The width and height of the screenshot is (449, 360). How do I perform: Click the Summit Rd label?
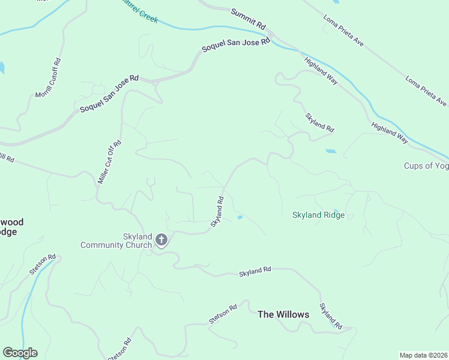point(248,19)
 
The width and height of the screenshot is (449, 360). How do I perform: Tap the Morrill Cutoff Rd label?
point(49,78)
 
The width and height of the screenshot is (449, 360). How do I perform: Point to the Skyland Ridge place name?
point(318,215)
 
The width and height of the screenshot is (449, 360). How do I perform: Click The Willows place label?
point(283,314)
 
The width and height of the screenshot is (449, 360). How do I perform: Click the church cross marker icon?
point(161,241)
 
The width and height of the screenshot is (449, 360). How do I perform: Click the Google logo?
point(20,353)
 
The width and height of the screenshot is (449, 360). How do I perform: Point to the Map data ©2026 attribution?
point(423,355)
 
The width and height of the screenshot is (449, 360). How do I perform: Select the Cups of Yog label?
point(426,166)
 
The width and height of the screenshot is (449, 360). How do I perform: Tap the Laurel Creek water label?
point(140,11)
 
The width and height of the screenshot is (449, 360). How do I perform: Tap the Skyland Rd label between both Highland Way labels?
point(319,122)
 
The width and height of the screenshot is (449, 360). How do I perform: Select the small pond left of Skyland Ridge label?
point(240,218)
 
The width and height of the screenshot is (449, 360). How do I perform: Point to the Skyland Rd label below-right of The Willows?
point(331,316)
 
